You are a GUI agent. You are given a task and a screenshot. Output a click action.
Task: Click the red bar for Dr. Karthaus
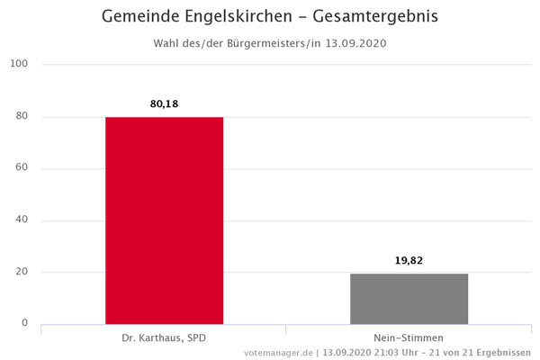tap(164, 220)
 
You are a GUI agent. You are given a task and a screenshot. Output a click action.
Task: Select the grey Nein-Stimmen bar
tap(409, 298)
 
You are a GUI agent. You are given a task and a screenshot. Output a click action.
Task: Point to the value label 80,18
tap(164, 104)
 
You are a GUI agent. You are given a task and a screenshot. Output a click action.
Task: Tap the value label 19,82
tap(409, 260)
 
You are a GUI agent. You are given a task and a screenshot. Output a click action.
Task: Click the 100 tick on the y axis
tap(20, 64)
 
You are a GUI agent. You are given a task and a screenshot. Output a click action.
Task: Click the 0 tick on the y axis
tap(25, 323)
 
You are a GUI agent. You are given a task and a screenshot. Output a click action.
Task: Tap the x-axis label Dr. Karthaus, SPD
tap(164, 337)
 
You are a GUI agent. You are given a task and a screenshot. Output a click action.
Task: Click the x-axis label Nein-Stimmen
tap(409, 337)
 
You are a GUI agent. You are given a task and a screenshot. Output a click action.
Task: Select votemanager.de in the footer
tap(277, 352)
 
